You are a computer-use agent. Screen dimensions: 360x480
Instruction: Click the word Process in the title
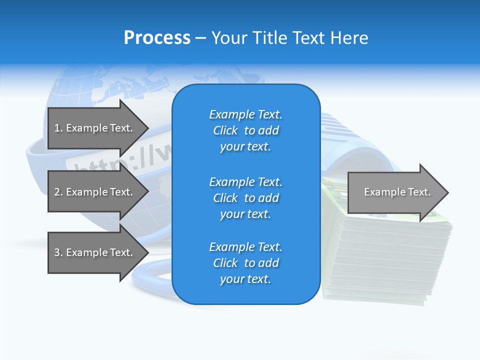[x=157, y=38]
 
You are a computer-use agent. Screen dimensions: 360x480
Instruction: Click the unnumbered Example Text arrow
[x=397, y=192]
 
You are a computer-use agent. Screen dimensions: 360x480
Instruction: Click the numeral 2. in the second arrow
[x=58, y=192]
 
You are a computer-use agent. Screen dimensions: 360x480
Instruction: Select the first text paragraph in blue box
[x=245, y=130]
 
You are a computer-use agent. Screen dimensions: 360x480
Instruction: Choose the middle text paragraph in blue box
[x=245, y=198]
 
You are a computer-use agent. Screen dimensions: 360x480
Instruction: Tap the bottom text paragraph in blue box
[x=245, y=263]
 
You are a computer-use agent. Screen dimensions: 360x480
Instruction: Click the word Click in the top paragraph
[x=225, y=130]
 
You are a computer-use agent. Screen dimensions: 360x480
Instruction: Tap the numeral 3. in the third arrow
[x=58, y=252]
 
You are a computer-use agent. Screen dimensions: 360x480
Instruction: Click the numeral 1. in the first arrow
[x=58, y=128]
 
